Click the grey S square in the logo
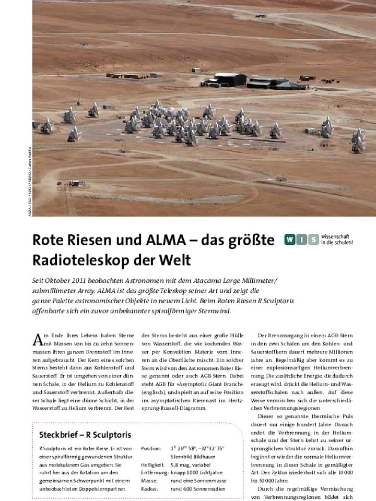coord(313,240)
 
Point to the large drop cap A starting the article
coord(38,339)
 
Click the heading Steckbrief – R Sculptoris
coord(85,435)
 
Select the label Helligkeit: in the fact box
coord(152,464)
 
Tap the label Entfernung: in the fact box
coord(154,472)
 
